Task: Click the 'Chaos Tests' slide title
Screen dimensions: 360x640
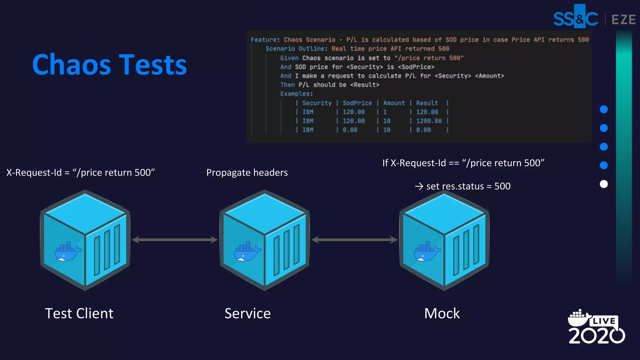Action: pyautogui.click(x=109, y=65)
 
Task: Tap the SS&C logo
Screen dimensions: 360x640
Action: pyautogui.click(x=576, y=18)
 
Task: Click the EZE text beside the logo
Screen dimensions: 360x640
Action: pyautogui.click(x=623, y=19)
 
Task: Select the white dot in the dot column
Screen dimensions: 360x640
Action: pyautogui.click(x=604, y=184)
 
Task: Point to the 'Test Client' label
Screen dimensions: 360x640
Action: pyautogui.click(x=79, y=313)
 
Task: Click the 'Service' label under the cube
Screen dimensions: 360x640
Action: pyautogui.click(x=247, y=313)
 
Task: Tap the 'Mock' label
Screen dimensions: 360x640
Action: pyautogui.click(x=442, y=313)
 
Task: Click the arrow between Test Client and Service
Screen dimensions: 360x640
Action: pyautogui.click(x=175, y=240)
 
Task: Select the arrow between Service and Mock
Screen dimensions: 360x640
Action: pyautogui.click(x=354, y=240)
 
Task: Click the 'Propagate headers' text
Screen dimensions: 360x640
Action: pyautogui.click(x=247, y=172)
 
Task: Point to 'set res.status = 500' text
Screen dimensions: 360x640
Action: pyautogui.click(x=468, y=186)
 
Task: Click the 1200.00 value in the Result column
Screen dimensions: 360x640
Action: pyautogui.click(x=429, y=121)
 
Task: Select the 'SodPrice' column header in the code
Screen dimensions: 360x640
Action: pyautogui.click(x=357, y=103)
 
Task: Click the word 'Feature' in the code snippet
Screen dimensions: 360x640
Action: pyautogui.click(x=263, y=40)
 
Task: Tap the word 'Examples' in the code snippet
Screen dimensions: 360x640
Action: pyautogui.click(x=295, y=94)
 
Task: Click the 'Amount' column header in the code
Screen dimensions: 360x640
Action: pyautogui.click(x=394, y=103)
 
